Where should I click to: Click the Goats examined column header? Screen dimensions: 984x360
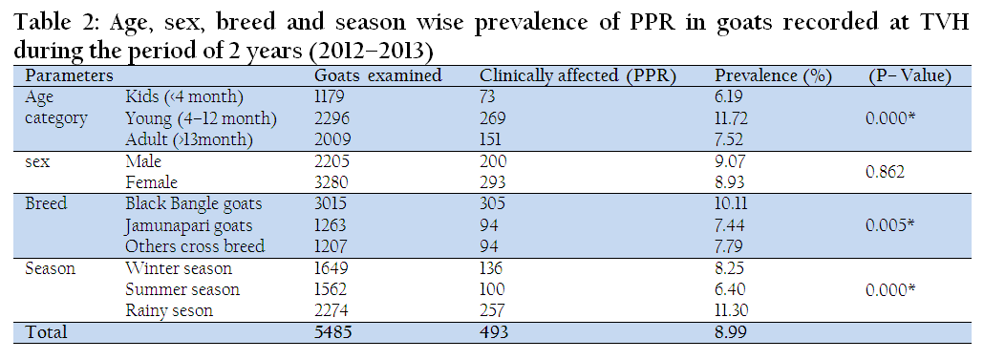(377, 75)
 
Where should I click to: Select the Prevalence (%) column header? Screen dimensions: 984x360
(773, 76)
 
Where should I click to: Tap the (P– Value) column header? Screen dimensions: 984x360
(909, 76)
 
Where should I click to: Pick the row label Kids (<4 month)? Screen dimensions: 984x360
(184, 97)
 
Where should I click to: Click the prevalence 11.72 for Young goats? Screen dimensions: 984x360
(731, 117)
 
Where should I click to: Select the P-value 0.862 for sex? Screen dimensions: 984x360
(885, 171)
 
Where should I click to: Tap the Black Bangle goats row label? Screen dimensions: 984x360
(193, 203)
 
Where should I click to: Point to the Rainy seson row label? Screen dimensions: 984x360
(169, 310)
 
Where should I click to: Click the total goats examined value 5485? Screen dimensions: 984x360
(333, 332)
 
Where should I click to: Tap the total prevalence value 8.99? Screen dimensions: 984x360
(731, 332)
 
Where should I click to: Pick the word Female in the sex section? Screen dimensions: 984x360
(151, 182)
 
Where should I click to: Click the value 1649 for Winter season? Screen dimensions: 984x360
(331, 268)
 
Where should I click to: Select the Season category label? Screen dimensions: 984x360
(51, 268)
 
